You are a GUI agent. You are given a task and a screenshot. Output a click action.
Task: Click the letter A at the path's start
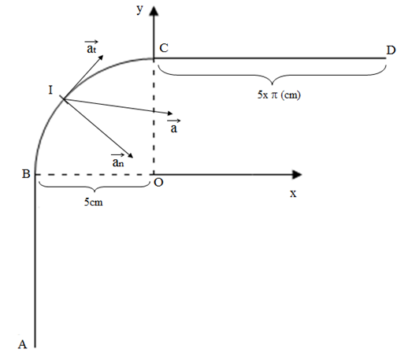coord(23,344)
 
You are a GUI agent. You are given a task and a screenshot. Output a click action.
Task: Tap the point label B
coord(26,174)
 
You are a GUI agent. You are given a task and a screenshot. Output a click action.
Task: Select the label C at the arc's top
coord(164,48)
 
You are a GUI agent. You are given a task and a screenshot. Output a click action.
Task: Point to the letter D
coord(391,50)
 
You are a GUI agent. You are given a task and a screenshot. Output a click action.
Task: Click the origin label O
coord(158,182)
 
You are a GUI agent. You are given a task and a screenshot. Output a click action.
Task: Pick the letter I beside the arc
coord(50,90)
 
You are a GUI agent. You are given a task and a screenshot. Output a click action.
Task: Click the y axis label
coord(140,9)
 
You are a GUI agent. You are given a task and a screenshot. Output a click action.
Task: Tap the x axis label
coord(293,194)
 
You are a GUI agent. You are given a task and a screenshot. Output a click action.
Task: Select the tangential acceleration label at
coord(91,47)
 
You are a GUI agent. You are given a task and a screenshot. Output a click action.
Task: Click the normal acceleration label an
coord(118,160)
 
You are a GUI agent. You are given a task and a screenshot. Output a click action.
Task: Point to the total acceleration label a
coord(174,126)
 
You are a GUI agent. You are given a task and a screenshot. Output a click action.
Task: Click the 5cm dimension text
coord(94,202)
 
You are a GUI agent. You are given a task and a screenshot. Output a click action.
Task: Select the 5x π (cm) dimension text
coord(279,95)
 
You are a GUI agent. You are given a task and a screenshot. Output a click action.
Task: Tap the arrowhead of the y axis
coord(154,11)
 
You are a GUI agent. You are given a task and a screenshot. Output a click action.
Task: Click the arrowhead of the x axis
coord(297,174)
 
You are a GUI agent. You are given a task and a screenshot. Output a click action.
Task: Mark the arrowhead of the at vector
coord(101,58)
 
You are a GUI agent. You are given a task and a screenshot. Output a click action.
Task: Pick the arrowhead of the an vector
coord(131,155)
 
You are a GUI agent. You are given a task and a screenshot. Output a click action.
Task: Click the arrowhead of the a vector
coord(169,113)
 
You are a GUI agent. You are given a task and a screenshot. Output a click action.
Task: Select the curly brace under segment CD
coord(272,75)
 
